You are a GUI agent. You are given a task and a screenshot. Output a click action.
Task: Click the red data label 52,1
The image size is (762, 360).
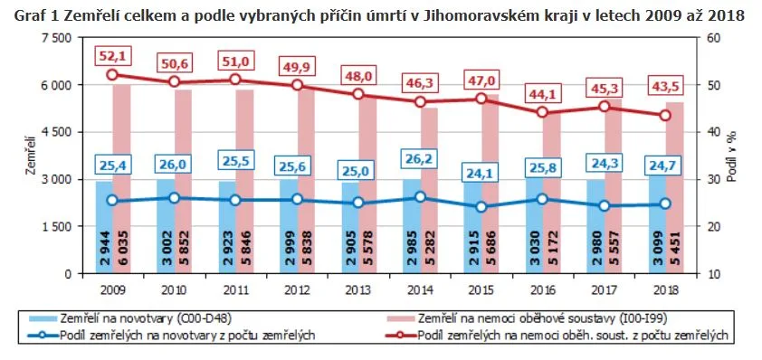point(113,57)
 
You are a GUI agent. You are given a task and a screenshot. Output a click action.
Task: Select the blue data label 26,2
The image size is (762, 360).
point(420,158)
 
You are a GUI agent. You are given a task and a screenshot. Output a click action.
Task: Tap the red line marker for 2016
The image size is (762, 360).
point(543,112)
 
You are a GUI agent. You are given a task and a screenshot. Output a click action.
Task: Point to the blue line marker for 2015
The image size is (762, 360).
point(481,206)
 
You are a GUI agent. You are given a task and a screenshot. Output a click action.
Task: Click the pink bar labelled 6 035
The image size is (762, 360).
point(121,179)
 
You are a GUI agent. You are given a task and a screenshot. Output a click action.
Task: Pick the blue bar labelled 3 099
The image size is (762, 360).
point(657,224)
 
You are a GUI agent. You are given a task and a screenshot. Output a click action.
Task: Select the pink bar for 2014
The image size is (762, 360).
point(429,191)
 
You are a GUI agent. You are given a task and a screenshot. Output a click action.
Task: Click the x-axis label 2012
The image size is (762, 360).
point(297,290)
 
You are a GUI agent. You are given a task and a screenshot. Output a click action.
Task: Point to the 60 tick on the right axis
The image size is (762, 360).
point(705,38)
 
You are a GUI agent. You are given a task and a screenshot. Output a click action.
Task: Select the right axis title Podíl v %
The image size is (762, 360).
point(732,156)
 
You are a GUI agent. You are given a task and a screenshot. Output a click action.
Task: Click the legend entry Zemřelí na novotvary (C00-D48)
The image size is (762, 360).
point(129,318)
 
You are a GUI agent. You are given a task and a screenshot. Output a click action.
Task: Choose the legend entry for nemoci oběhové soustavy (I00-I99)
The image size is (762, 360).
point(528,318)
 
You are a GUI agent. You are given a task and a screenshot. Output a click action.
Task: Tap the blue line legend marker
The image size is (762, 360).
point(43,336)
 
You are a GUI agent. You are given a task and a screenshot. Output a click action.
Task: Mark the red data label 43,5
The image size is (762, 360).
point(666,87)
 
